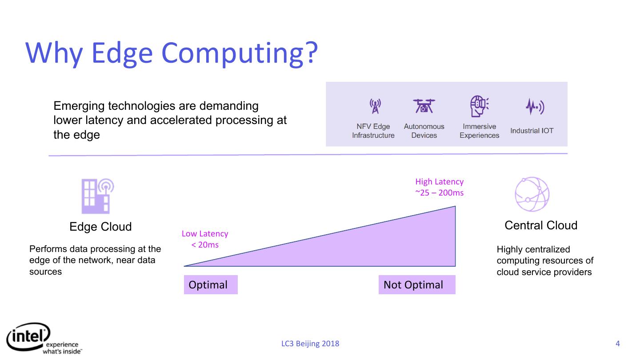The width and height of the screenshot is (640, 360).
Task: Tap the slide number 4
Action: click(617, 344)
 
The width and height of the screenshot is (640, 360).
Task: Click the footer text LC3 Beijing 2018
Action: click(310, 344)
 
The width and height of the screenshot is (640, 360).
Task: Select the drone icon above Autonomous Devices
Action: click(424, 106)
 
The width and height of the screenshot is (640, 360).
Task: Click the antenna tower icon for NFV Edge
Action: click(375, 106)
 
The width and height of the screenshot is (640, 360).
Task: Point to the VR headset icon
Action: click(479, 106)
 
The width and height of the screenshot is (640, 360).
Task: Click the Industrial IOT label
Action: click(532, 131)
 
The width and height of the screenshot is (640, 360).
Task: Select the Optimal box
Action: click(211, 285)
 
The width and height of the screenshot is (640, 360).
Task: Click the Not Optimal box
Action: click(416, 285)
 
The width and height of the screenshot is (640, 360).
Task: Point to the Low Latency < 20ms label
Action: click(205, 239)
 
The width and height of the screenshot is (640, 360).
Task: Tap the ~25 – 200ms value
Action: click(439, 193)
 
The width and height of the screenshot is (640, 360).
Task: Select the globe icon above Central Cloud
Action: click(532, 194)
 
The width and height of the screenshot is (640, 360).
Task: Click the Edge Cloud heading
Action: click(100, 227)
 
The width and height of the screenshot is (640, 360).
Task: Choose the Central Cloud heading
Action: click(541, 225)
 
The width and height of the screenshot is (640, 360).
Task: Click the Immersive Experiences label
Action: click(479, 131)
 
